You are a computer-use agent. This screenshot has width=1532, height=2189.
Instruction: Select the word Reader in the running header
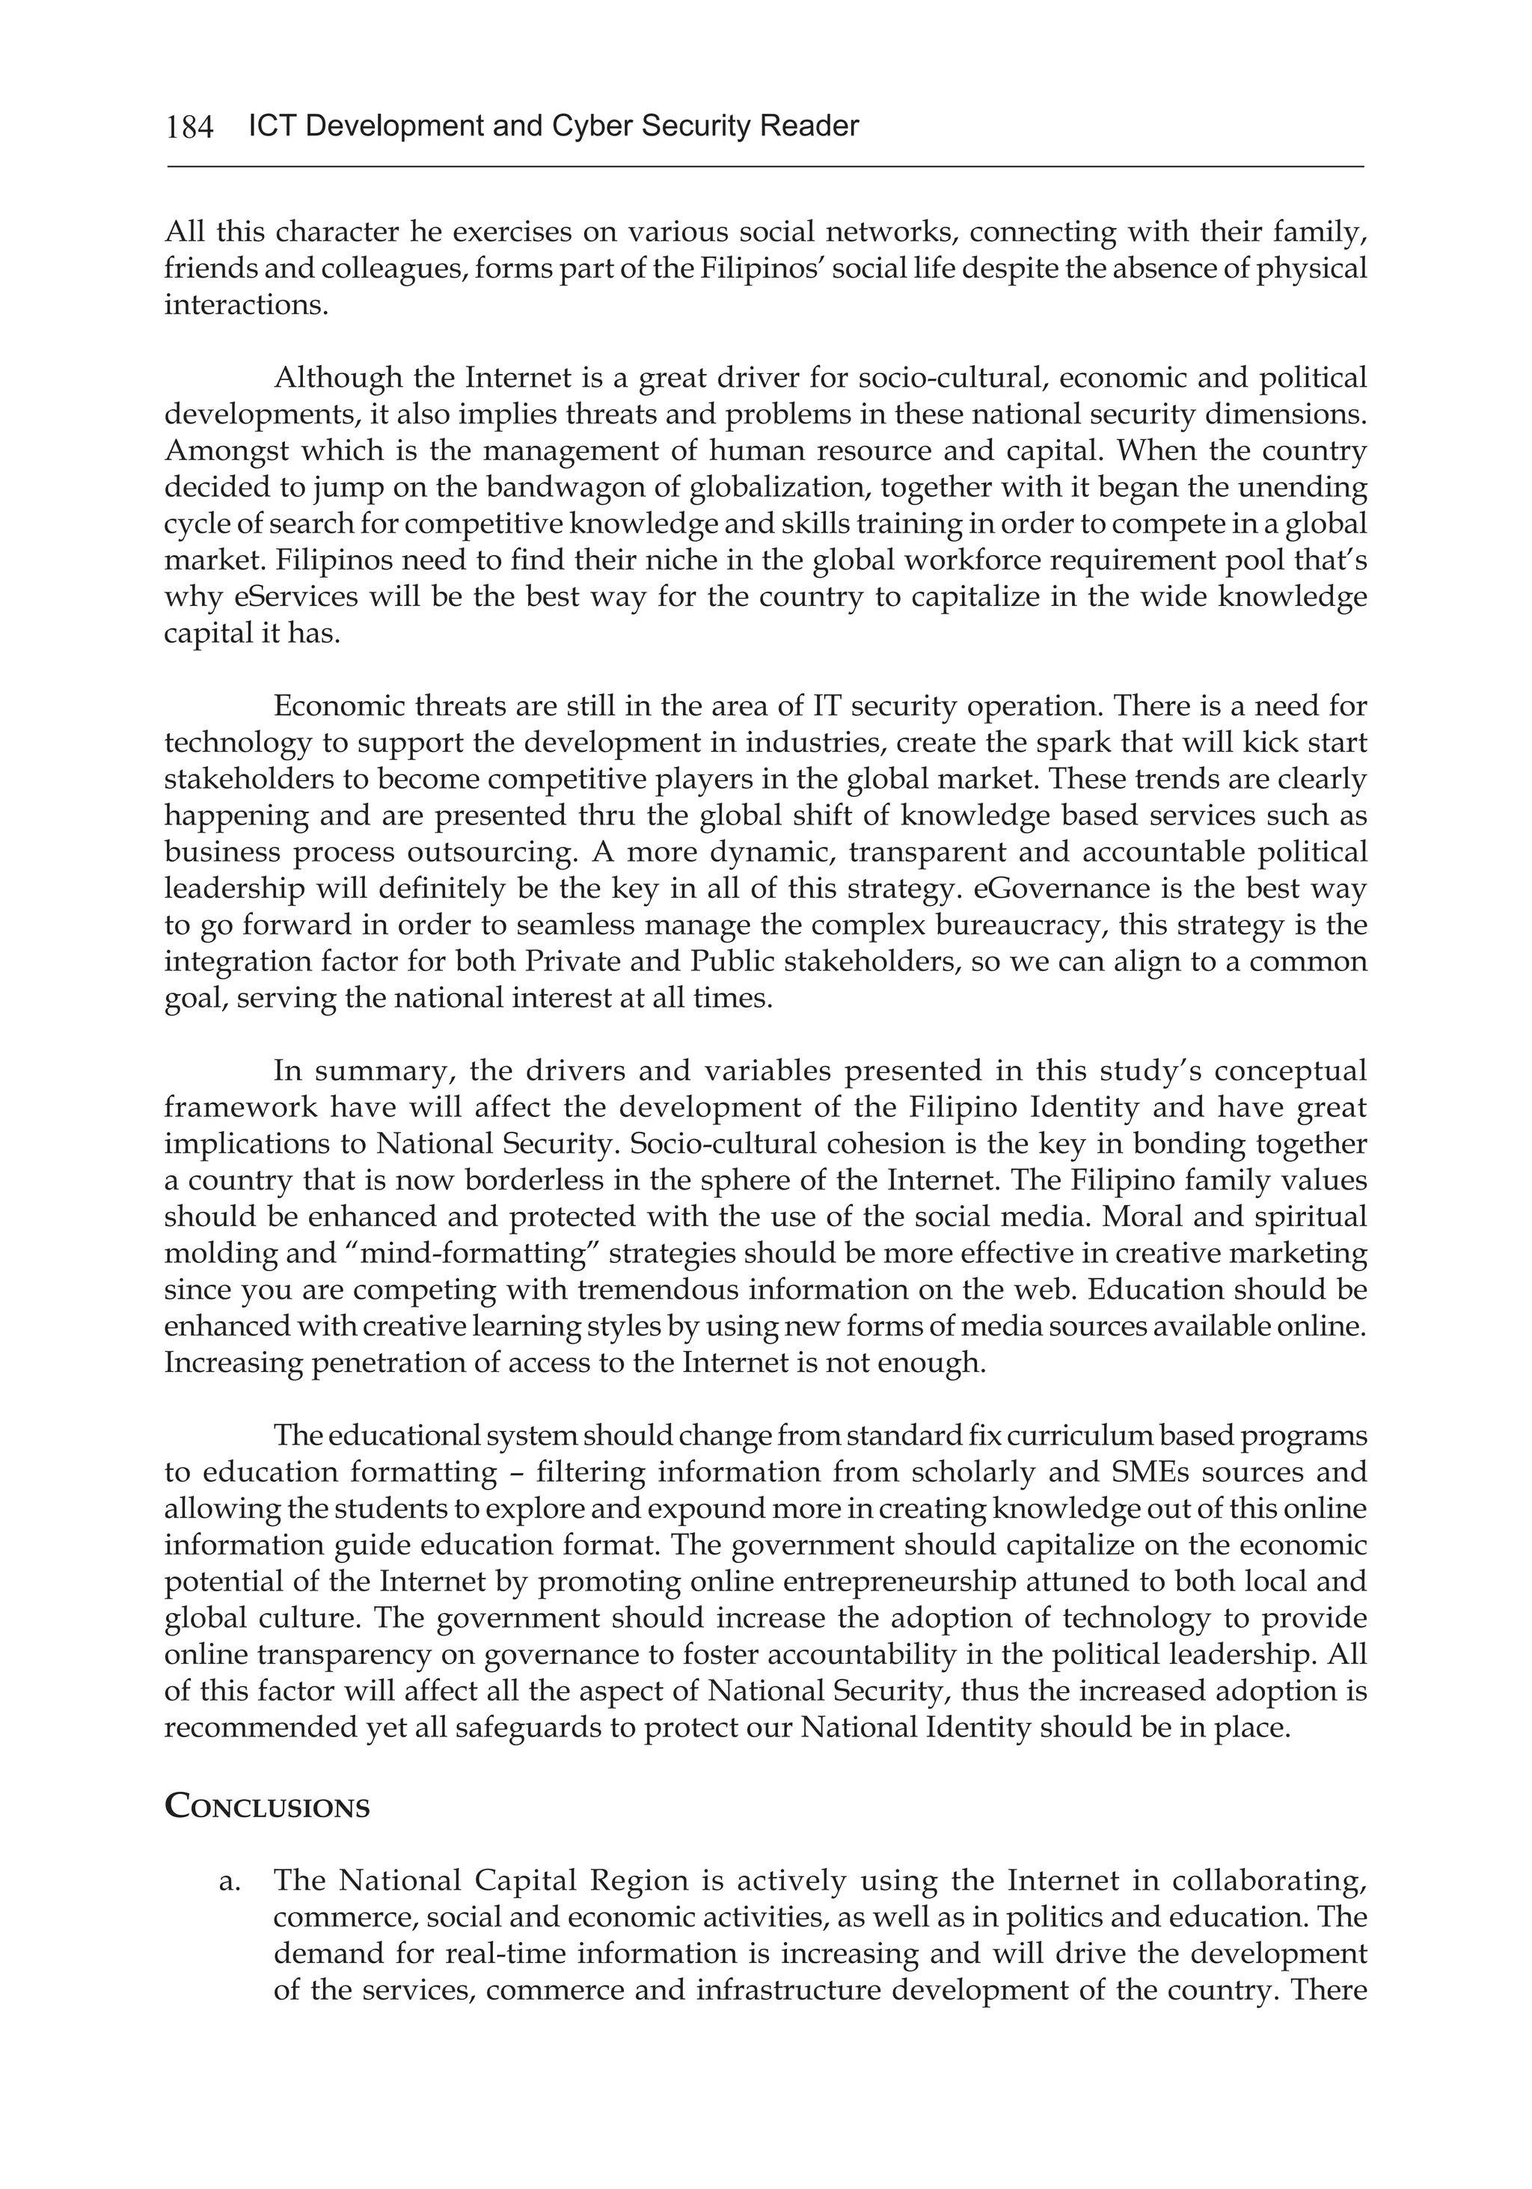[x=809, y=126]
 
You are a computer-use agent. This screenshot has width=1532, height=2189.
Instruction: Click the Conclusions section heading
[x=267, y=1806]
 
